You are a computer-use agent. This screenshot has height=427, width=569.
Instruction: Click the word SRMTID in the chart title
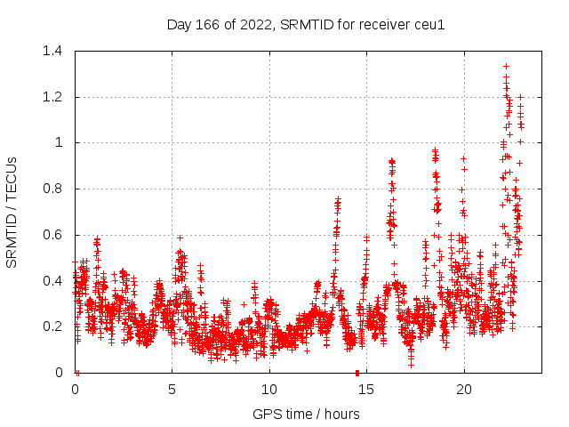[x=302, y=24]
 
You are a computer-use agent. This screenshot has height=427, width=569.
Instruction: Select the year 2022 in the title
[x=252, y=24]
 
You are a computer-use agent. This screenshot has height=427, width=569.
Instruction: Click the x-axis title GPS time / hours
[x=306, y=414]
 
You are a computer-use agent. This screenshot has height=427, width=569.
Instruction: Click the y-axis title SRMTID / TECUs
[x=12, y=212]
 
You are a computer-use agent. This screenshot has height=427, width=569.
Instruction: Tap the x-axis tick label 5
[x=172, y=390]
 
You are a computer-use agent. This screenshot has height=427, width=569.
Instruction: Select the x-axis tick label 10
[x=268, y=390]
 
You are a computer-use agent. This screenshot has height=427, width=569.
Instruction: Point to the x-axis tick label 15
[x=366, y=390]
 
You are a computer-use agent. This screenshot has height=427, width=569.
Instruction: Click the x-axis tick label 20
[x=463, y=390]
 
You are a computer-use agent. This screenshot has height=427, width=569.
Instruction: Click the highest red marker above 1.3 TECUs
[x=506, y=66]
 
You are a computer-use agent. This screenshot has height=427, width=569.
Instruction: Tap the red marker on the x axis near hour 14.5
[x=357, y=372]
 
